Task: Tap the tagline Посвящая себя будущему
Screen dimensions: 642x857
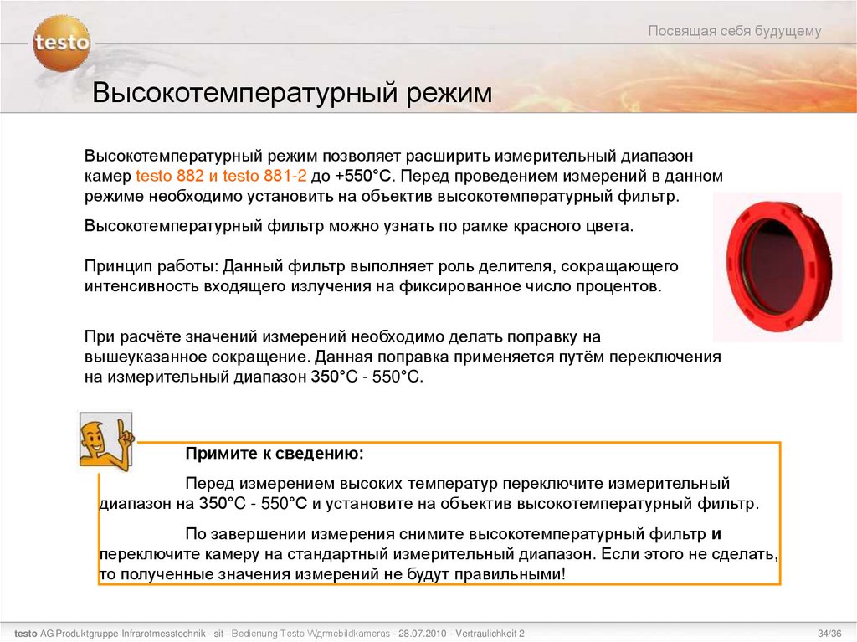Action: click(735, 32)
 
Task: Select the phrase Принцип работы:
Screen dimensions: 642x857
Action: click(151, 266)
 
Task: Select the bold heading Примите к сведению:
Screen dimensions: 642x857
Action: click(275, 453)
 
